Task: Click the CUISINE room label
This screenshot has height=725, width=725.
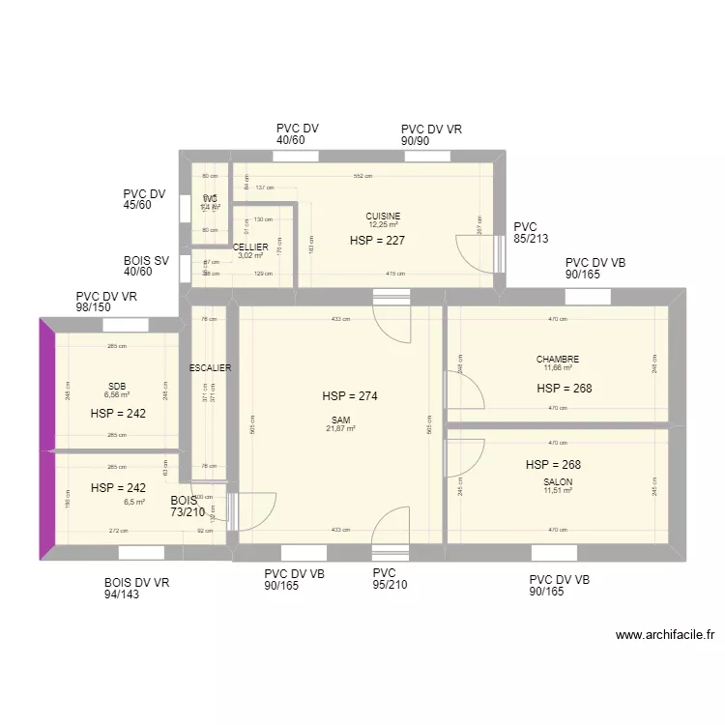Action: tap(383, 217)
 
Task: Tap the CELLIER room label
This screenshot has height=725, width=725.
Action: tap(250, 247)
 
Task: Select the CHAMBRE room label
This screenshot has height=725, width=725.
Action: tap(558, 360)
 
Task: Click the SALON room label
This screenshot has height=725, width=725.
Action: tap(558, 482)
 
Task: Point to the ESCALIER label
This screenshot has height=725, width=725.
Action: tap(210, 367)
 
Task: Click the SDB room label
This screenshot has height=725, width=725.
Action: tap(117, 387)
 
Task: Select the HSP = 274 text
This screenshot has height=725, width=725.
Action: tap(350, 396)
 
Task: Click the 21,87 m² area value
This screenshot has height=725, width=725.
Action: tap(340, 429)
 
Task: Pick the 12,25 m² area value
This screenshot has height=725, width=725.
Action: tap(383, 225)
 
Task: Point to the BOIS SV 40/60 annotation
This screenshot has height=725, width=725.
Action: tap(146, 267)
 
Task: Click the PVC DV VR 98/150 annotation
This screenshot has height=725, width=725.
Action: tap(108, 302)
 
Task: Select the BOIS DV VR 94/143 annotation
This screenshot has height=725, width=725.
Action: tap(136, 589)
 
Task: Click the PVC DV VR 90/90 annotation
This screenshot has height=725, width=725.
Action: tap(431, 134)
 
